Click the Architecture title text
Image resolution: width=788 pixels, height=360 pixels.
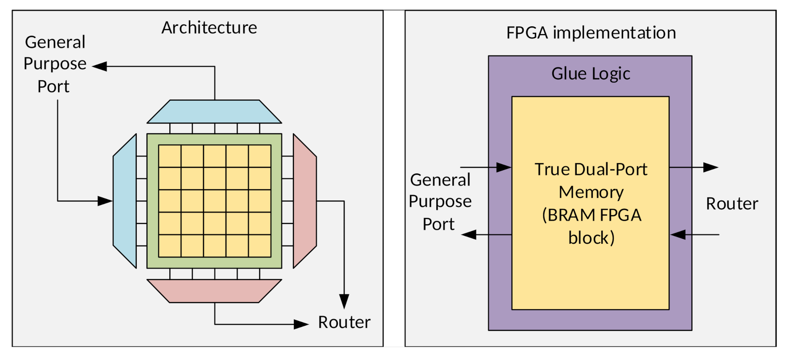(209, 28)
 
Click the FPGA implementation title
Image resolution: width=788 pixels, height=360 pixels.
(591, 33)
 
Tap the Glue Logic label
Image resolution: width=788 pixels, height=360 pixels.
(591, 74)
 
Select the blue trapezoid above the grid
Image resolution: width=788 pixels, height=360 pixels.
(214, 111)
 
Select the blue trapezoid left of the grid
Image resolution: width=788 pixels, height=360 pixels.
(125, 201)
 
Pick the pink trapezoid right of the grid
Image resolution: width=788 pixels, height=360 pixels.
(304, 201)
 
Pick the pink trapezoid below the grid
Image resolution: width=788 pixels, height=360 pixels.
(214, 290)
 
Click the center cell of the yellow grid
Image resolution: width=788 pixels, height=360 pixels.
(215, 201)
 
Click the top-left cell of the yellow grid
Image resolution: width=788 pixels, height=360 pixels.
(170, 156)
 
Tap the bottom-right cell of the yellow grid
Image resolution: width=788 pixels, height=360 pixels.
(260, 246)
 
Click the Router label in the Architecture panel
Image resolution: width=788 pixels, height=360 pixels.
(344, 322)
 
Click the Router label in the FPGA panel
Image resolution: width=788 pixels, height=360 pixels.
(732, 204)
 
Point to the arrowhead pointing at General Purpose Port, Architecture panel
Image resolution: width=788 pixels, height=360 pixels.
(100, 66)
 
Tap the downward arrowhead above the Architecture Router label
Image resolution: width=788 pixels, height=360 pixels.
(344, 301)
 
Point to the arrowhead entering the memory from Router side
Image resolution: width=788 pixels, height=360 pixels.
(678, 234)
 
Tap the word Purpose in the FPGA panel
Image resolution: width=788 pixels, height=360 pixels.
(440, 201)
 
